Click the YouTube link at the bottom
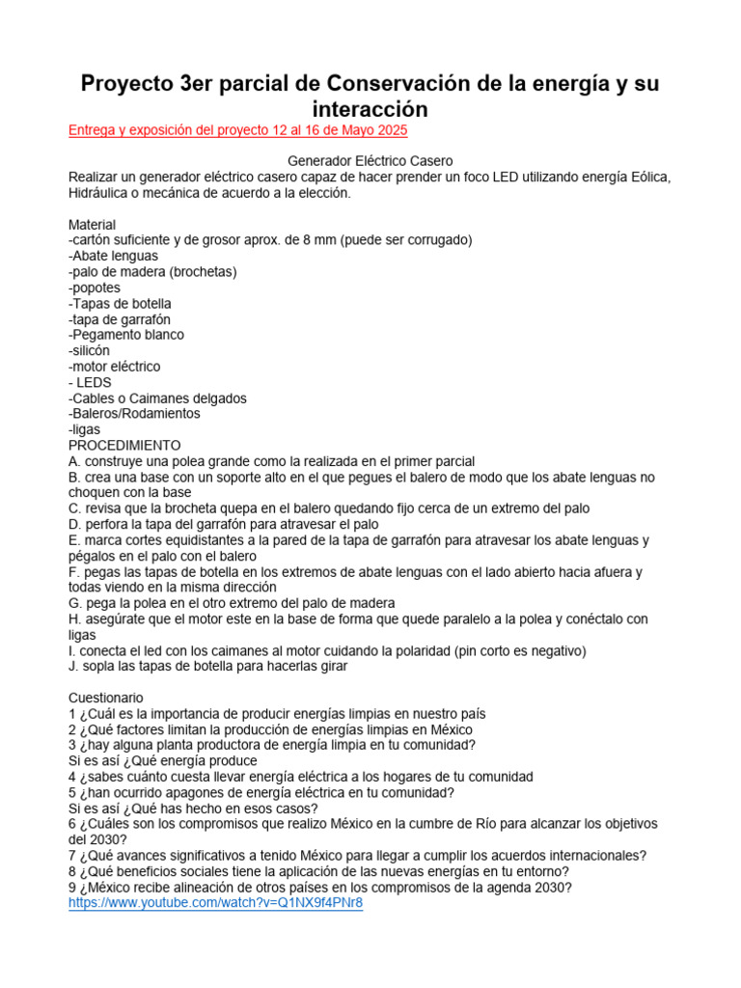(x=215, y=903)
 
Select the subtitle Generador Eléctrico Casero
(x=370, y=161)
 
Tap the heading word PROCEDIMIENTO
(x=124, y=446)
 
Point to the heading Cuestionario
(x=106, y=697)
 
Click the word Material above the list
(x=93, y=225)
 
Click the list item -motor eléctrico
(x=115, y=367)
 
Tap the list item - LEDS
(x=90, y=382)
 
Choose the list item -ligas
(x=85, y=429)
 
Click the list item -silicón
(x=90, y=351)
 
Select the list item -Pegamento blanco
(x=126, y=335)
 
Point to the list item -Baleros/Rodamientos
(x=134, y=414)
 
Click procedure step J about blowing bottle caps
(x=207, y=666)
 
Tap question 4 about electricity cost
(x=301, y=777)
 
